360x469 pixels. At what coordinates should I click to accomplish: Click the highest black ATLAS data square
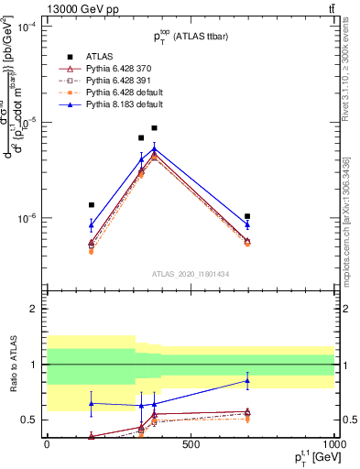coord(155,128)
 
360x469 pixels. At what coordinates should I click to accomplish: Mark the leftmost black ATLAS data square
coord(92,205)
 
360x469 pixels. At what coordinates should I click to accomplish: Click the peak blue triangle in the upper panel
coord(155,148)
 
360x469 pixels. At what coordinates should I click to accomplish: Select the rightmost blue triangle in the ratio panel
coord(248,380)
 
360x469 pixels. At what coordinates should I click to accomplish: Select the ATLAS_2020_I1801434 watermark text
coord(191,274)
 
